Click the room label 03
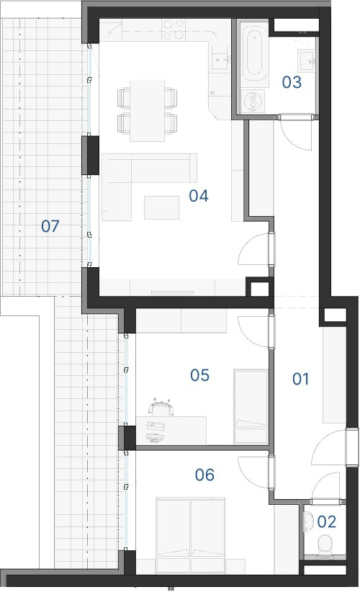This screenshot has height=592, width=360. click(292, 82)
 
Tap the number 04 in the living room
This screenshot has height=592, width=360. click(199, 196)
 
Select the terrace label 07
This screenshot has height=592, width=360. click(50, 227)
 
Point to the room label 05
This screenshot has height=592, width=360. click(199, 375)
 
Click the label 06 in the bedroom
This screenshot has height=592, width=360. click(204, 475)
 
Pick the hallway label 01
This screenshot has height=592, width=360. click(300, 379)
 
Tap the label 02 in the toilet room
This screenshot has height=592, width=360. click(326, 521)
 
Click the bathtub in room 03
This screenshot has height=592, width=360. click(255, 54)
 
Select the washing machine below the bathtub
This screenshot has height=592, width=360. click(253, 101)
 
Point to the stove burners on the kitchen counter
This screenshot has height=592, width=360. click(174, 30)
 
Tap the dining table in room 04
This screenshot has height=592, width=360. click(147, 111)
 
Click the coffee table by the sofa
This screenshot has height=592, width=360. click(161, 207)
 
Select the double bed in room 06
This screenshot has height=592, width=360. click(191, 535)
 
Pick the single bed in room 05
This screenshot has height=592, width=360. click(251, 406)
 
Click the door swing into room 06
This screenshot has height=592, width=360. click(253, 472)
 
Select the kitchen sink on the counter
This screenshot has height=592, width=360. click(221, 59)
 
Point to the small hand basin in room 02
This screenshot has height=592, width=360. click(309, 521)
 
